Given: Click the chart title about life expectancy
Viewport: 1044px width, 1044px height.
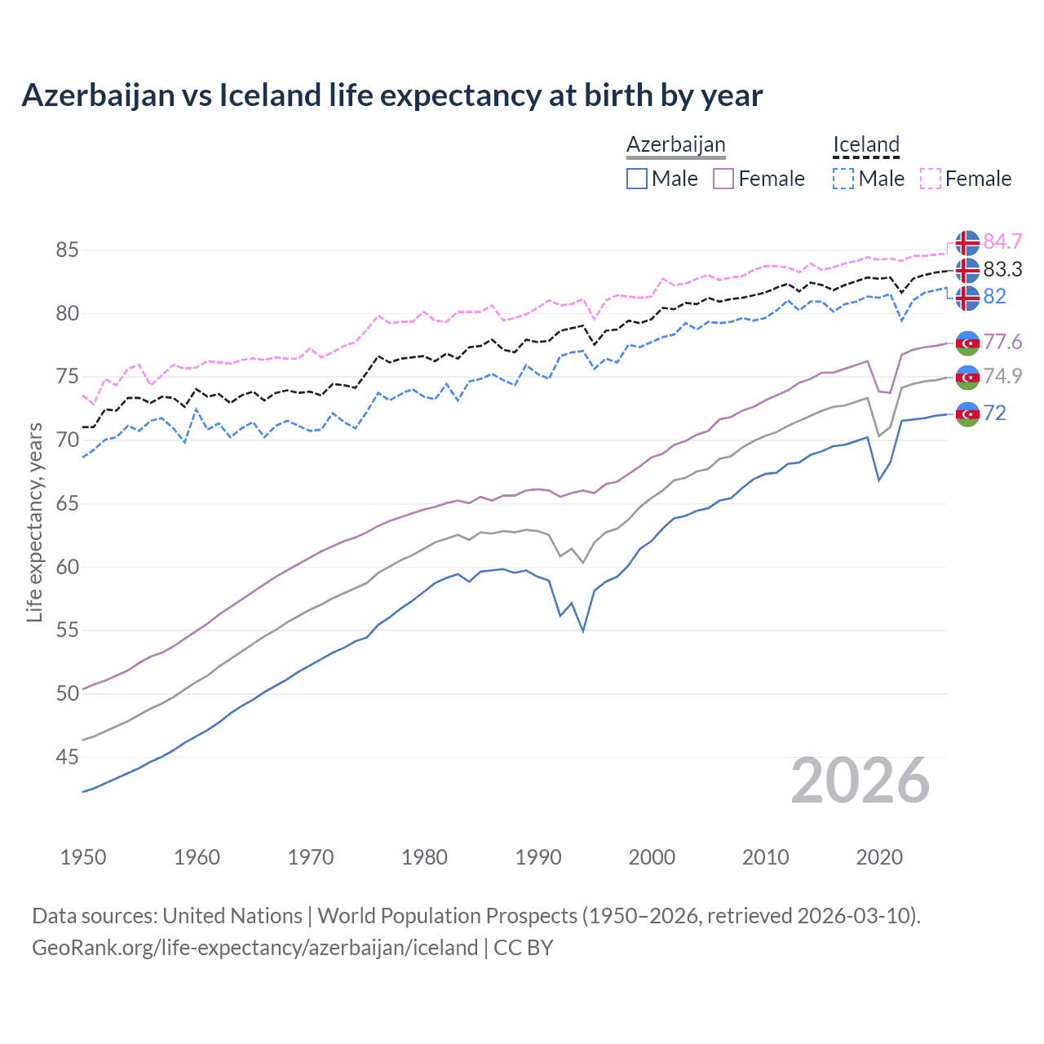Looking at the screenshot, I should (x=391, y=95).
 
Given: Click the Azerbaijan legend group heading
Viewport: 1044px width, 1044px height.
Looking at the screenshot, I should (x=675, y=144).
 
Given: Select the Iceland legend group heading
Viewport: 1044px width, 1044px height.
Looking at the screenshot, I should (x=865, y=144).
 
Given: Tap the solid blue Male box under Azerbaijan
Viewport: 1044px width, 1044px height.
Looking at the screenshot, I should (x=637, y=179).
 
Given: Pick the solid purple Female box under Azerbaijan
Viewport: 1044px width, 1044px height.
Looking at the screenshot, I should (x=724, y=179).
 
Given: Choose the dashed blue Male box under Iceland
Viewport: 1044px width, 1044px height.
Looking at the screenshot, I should (x=843, y=179).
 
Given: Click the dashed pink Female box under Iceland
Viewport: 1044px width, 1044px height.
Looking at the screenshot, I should (x=931, y=179).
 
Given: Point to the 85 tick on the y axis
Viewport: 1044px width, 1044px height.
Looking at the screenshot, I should (x=67, y=250).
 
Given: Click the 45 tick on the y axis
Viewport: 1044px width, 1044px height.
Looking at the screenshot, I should (x=67, y=757).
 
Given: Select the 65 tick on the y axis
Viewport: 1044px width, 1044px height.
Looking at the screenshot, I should (x=67, y=503).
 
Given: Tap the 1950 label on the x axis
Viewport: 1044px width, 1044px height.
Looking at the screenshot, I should (x=83, y=857).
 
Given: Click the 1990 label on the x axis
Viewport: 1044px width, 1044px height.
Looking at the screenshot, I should (x=538, y=857).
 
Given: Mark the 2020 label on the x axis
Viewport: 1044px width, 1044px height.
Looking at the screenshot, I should (x=879, y=857).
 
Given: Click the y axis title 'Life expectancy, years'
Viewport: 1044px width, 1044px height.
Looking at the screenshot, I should (x=34, y=522).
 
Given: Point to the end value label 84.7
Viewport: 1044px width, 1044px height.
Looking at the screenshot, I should (x=1002, y=241).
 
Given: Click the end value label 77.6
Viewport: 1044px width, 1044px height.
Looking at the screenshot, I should (x=1002, y=342).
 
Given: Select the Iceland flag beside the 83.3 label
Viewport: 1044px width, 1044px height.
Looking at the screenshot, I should (x=967, y=269).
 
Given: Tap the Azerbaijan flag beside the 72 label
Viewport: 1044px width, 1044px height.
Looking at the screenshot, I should (x=967, y=414).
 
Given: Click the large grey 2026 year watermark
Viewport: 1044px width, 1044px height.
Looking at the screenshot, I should (x=860, y=781).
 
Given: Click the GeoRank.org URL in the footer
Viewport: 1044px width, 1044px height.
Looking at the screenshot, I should (x=254, y=948).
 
